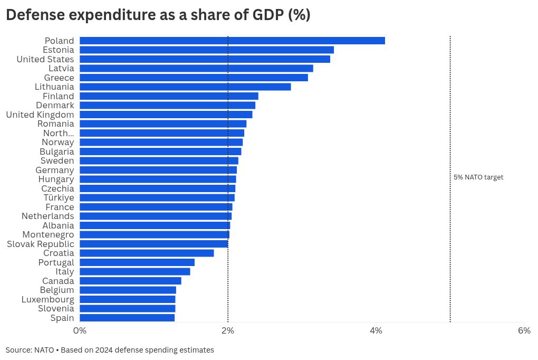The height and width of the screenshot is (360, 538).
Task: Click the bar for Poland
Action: [x=232, y=41]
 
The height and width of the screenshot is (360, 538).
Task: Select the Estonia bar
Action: [x=207, y=50]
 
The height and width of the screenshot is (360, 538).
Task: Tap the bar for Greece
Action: [x=194, y=78]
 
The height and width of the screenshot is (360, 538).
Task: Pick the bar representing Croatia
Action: [x=147, y=253]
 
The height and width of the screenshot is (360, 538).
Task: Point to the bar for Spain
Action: [x=127, y=318]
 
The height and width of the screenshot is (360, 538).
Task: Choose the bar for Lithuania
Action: [x=185, y=87]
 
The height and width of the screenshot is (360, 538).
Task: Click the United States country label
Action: [x=45, y=59]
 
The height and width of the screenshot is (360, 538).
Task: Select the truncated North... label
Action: [x=59, y=133]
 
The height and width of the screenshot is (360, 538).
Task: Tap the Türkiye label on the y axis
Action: [x=59, y=197]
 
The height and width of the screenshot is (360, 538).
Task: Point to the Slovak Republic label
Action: [x=41, y=244]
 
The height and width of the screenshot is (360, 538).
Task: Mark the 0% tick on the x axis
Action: [x=80, y=331]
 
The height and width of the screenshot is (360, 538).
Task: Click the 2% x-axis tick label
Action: [x=228, y=331]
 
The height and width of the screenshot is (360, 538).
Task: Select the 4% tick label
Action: [x=376, y=331]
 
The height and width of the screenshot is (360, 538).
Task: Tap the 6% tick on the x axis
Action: [x=524, y=331]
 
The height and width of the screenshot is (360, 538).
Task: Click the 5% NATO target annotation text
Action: [x=478, y=177]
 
